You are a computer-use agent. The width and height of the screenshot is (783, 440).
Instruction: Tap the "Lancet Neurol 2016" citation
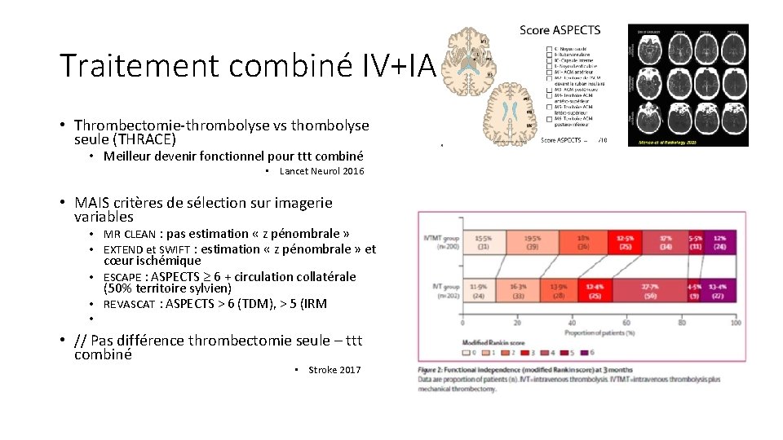point(321,171)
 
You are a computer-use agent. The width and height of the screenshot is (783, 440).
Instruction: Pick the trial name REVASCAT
point(130,304)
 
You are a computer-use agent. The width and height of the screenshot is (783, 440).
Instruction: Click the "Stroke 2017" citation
point(334,370)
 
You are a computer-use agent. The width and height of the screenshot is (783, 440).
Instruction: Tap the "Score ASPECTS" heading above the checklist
point(560,30)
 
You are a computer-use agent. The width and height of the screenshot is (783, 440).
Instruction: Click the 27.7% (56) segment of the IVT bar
point(649,293)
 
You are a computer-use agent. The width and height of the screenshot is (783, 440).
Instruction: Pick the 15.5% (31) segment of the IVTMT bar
point(484,241)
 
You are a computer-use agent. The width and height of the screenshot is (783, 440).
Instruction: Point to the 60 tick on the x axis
point(626,323)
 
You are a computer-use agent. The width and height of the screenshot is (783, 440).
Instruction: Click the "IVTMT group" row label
point(440,239)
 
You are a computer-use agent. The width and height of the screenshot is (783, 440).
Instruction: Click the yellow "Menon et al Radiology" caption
point(690,141)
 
